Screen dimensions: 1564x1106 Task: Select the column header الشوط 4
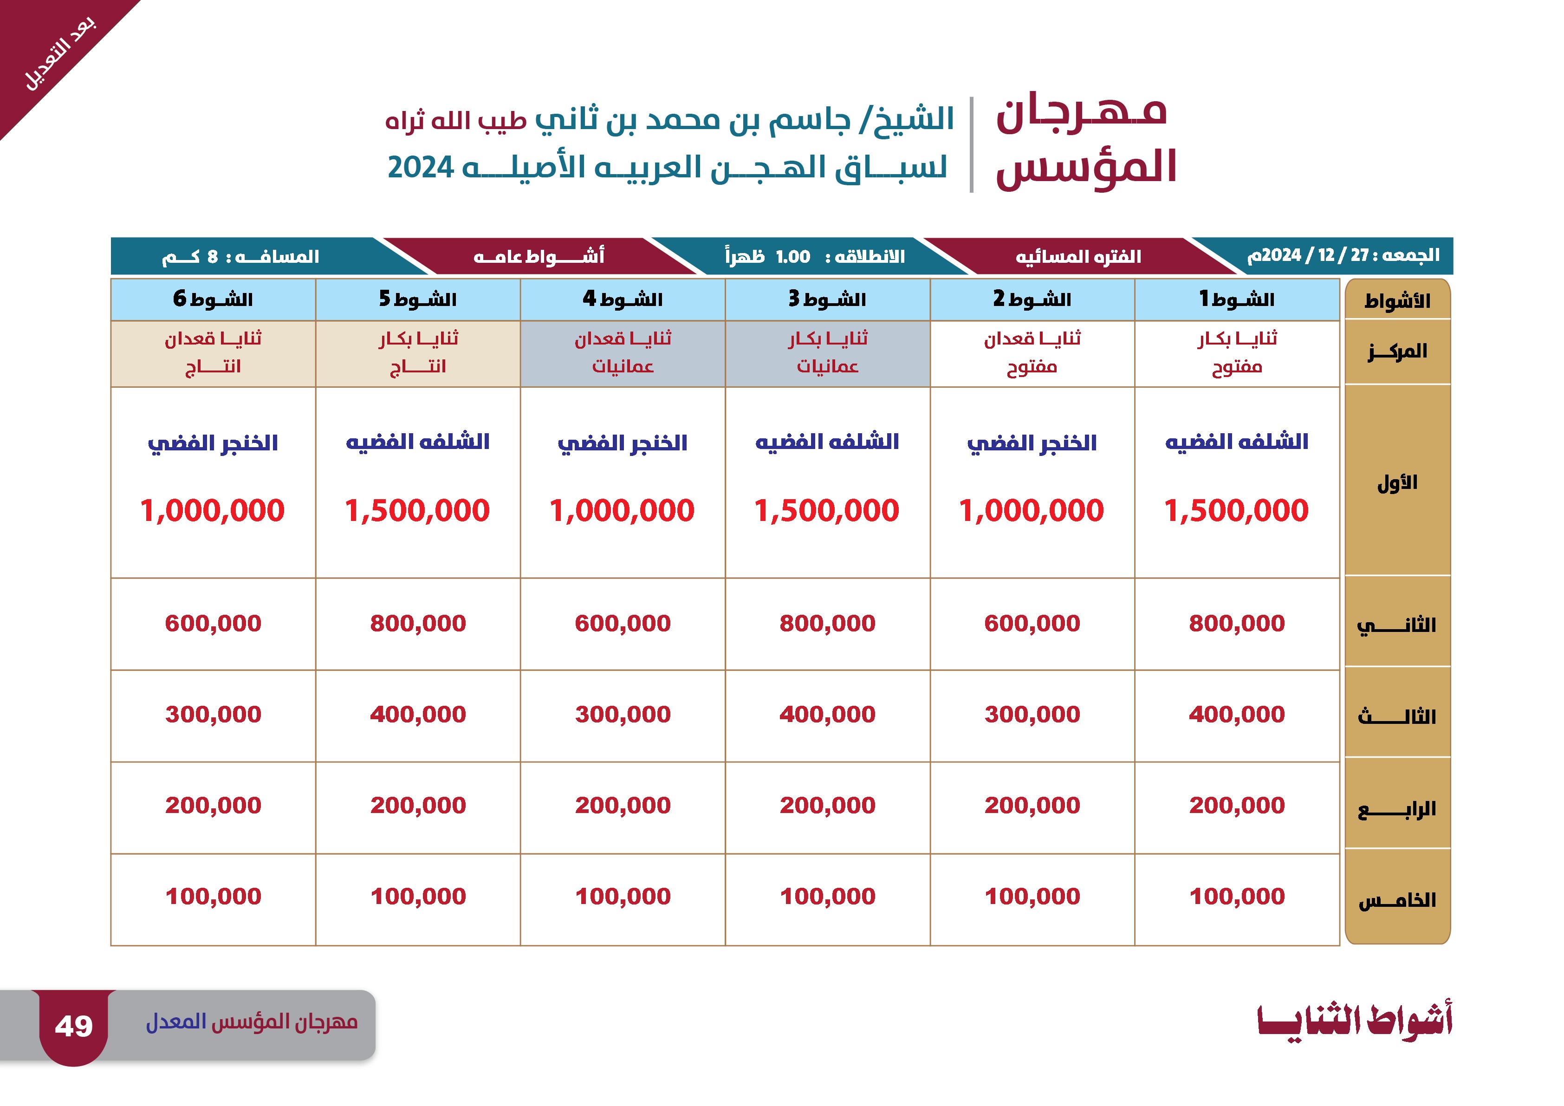tap(623, 299)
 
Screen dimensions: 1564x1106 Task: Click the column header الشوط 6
tap(213, 299)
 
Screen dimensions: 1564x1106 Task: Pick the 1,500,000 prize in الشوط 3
tap(827, 510)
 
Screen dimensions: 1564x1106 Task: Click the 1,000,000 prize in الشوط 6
tap(213, 510)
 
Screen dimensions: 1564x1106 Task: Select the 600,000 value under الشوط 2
tap(1032, 623)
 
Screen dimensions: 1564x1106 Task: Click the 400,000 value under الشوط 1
tap(1237, 714)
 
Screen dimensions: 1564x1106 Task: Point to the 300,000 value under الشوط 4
tap(623, 714)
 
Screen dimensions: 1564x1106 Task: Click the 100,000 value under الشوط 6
tap(213, 896)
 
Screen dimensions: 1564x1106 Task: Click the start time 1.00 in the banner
tap(793, 257)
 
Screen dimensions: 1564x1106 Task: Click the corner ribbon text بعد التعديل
tap(60, 54)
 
